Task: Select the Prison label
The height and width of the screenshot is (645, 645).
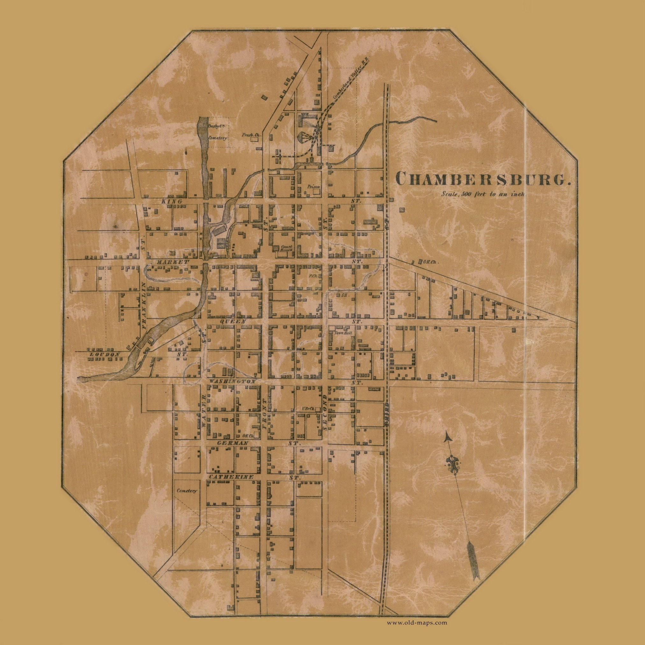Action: point(313,187)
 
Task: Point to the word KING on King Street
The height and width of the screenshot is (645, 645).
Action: point(171,202)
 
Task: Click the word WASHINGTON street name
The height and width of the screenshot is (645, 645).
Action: point(233,381)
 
